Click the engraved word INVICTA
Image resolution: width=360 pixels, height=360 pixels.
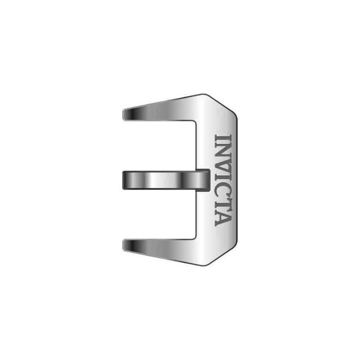coord(223,180)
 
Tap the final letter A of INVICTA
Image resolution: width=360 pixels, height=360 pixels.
coord(223,218)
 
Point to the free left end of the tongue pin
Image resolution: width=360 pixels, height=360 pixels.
coord(123,180)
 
